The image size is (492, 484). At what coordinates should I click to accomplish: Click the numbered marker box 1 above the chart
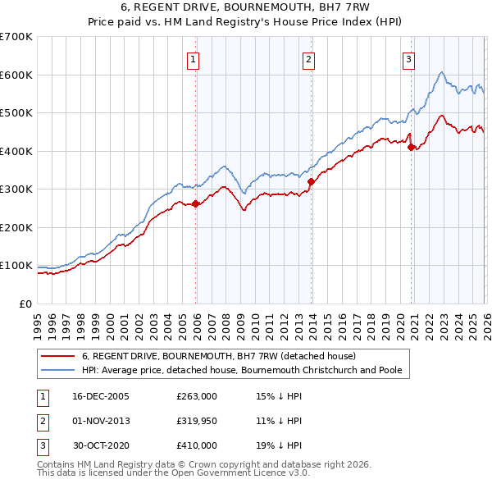coord(193,58)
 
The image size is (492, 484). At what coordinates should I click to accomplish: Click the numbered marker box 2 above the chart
coord(309,58)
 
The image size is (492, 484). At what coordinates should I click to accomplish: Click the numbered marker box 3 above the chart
coord(408,58)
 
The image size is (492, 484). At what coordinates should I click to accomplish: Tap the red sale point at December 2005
coord(196,204)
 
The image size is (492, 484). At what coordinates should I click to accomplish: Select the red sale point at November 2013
coord(312,182)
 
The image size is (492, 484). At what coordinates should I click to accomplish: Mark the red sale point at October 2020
coord(412,148)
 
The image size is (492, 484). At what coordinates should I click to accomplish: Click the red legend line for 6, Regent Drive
coord(58,357)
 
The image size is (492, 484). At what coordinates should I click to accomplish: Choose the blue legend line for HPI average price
coord(58,371)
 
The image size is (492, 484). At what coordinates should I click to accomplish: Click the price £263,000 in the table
coord(196,396)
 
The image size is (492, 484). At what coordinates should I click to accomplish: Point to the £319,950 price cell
coord(196,421)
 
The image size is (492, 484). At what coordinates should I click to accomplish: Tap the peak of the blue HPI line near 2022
coord(441,73)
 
